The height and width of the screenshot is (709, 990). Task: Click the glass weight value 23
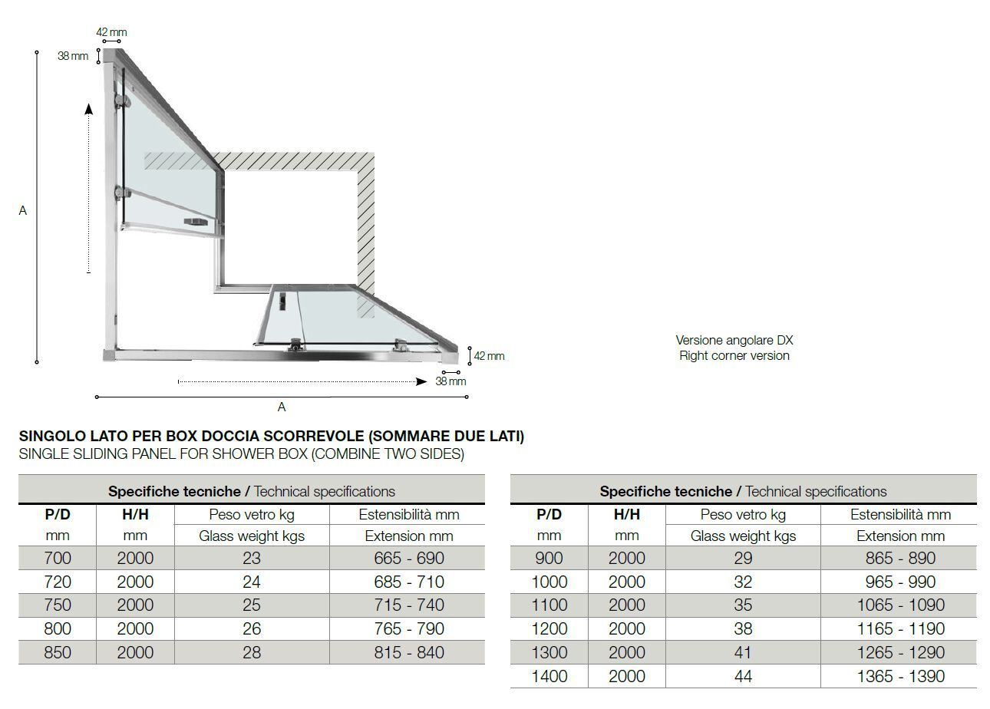[252, 558]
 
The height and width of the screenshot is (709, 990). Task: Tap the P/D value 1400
[549, 676]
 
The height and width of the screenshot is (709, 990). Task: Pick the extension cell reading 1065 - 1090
[900, 605]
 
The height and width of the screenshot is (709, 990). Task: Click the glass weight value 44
[743, 676]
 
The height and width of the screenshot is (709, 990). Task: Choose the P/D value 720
[58, 582]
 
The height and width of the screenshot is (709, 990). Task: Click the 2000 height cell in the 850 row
[135, 652]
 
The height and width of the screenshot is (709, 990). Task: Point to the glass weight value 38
[743, 628]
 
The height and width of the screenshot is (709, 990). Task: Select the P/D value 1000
[549, 582]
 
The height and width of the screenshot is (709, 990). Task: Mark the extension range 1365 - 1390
[900, 676]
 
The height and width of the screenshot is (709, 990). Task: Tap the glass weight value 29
[743, 558]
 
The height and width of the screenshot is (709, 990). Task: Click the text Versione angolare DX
[734, 340]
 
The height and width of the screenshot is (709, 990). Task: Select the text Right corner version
[734, 355]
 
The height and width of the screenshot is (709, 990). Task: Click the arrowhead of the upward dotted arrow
[89, 109]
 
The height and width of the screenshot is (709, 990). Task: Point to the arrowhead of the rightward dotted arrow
[421, 381]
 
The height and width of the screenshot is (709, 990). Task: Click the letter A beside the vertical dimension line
[23, 210]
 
